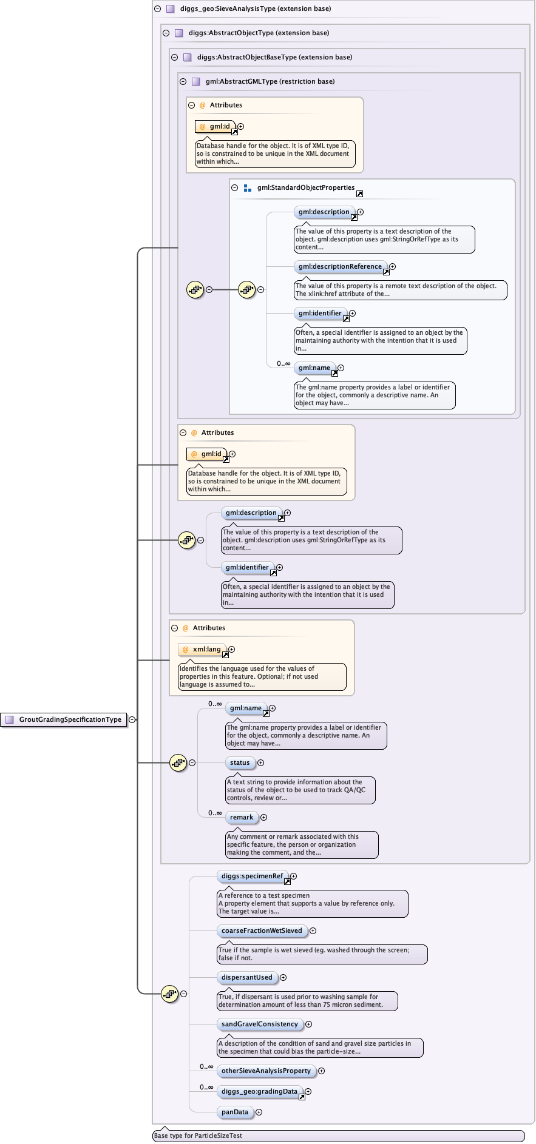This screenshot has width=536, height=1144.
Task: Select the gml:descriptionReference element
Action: [x=340, y=266]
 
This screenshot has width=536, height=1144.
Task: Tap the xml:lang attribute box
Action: [x=203, y=649]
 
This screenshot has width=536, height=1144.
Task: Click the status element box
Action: [x=240, y=762]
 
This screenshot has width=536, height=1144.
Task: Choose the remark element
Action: [x=242, y=817]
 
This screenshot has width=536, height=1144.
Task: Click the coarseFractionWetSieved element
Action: [x=262, y=930]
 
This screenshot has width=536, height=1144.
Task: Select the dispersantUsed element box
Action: [x=247, y=977]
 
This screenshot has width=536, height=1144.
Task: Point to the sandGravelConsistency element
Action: [x=260, y=1024]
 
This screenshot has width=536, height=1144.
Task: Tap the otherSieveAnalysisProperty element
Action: [x=266, y=1071]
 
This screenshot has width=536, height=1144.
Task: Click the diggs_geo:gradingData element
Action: [x=260, y=1091]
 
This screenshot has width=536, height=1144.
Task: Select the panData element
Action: [x=235, y=1112]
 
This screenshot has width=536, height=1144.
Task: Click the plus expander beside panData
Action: [x=259, y=1112]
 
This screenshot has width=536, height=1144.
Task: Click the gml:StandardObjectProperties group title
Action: [x=305, y=187]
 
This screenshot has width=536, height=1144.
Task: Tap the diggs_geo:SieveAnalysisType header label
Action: [x=256, y=8]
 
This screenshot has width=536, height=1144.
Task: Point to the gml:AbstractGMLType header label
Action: [x=270, y=81]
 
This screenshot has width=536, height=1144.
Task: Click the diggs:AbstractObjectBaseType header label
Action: [x=274, y=57]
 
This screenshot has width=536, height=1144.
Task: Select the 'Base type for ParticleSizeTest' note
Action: [x=198, y=1136]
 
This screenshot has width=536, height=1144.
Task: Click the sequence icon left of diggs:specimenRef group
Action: [x=169, y=994]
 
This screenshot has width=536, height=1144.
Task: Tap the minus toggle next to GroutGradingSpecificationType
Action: [x=132, y=719]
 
